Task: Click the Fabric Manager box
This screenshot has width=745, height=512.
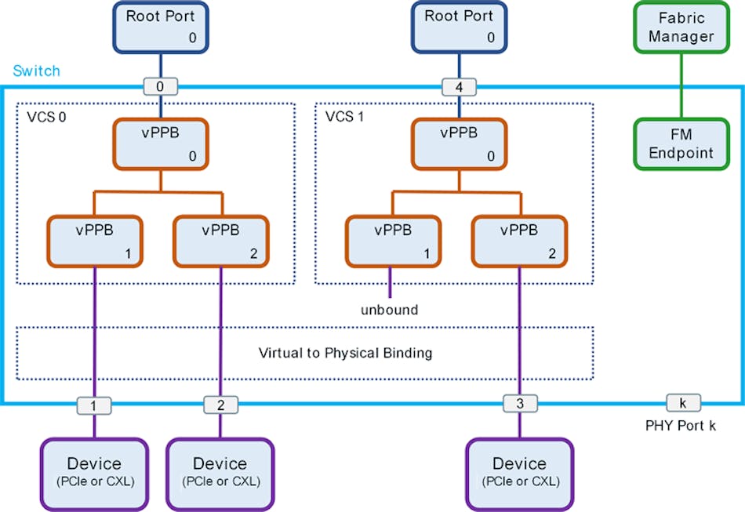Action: click(x=681, y=28)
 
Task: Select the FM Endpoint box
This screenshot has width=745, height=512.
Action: click(x=681, y=143)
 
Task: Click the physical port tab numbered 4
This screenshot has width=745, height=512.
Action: click(x=459, y=86)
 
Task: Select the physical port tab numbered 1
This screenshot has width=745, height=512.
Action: click(x=94, y=405)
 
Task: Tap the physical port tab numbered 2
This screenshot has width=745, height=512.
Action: click(x=220, y=405)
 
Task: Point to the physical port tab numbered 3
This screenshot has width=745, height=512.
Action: click(x=519, y=404)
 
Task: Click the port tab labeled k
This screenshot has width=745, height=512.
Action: click(x=683, y=403)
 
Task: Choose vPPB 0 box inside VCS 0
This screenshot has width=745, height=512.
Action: click(x=160, y=143)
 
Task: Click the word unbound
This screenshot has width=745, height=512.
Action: click(x=389, y=310)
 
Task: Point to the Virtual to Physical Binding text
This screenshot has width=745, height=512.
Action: click(x=345, y=353)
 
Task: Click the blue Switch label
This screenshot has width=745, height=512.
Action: click(x=36, y=71)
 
